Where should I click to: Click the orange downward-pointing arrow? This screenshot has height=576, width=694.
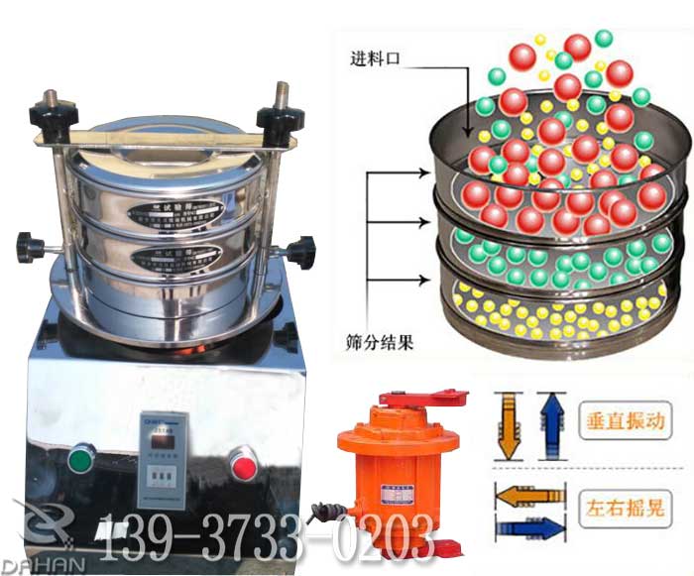(507, 424)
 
